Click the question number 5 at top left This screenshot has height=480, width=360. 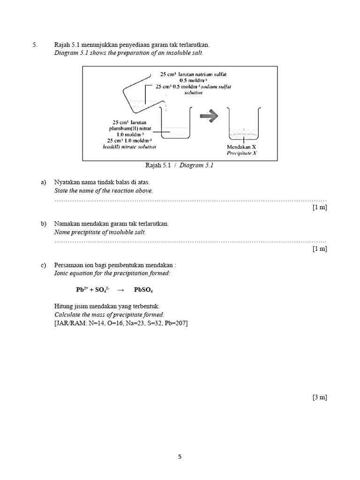click(x=34, y=45)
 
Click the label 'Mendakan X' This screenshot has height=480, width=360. click(x=241, y=146)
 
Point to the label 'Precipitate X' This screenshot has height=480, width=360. click(x=241, y=153)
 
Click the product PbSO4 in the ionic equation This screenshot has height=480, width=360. click(x=143, y=290)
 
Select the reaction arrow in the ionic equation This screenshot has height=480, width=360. click(x=121, y=290)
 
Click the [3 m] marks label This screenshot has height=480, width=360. click(x=320, y=397)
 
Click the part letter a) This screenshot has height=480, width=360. click(x=44, y=182)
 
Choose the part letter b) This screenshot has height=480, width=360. click(x=44, y=224)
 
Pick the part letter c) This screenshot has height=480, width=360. click(x=44, y=265)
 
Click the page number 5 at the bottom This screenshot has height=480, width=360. click(x=180, y=456)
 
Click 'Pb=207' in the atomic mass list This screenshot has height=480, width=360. click(x=176, y=323)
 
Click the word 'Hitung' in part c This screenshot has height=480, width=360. click(x=63, y=306)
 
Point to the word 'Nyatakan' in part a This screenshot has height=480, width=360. click(x=67, y=182)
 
